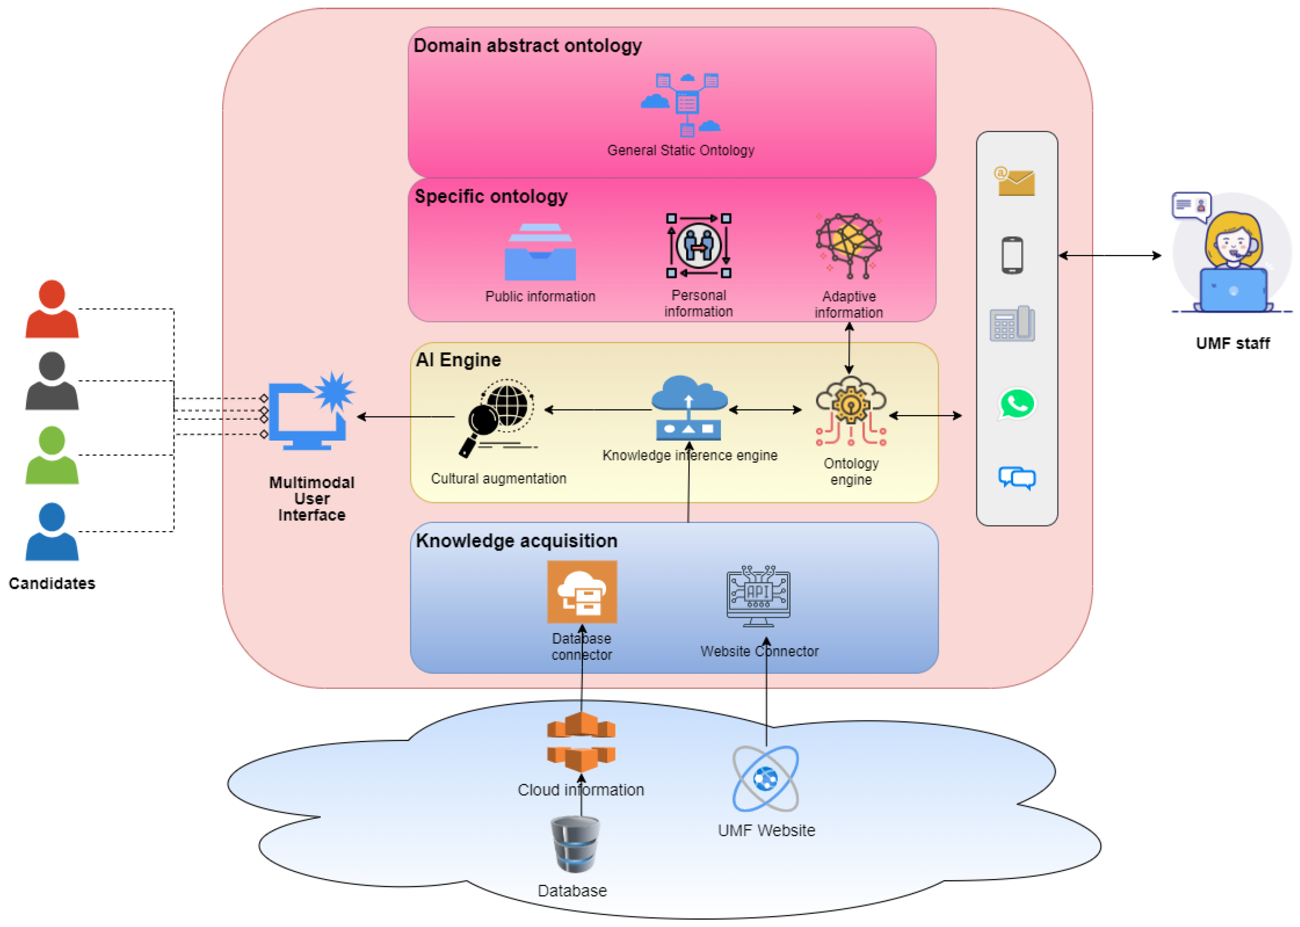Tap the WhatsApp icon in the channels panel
click(1016, 404)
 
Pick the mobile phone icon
click(1012, 255)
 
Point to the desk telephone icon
click(1012, 324)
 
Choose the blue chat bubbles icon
click(1016, 478)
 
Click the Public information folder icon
click(540, 252)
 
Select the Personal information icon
click(698, 246)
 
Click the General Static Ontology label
click(680, 150)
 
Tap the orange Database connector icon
click(582, 591)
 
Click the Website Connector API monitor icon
click(758, 595)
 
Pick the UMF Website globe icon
click(765, 778)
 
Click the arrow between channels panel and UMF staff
click(1109, 256)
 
